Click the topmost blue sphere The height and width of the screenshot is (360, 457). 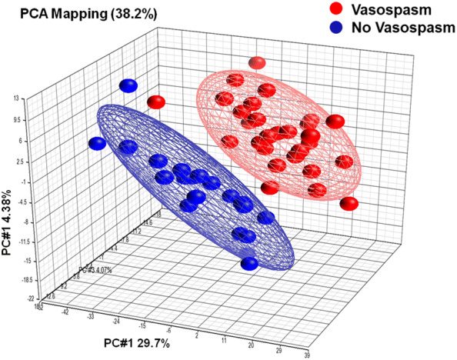(128, 86)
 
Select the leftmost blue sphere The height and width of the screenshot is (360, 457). (97, 143)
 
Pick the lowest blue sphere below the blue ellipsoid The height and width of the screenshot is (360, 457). (249, 264)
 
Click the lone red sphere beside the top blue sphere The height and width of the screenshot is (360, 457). (156, 102)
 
